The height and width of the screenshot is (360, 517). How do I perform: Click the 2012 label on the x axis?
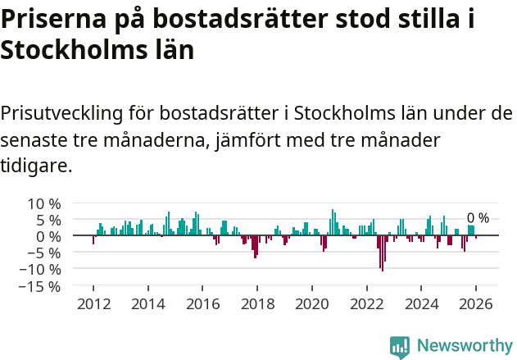(93, 303)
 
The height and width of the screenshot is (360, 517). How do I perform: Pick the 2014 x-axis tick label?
(147, 303)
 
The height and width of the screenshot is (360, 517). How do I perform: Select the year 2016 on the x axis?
(202, 303)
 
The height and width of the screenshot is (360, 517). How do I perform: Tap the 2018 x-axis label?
(257, 303)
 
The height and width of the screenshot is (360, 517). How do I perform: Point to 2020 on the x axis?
(311, 303)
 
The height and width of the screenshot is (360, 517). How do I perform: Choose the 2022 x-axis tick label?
(366, 303)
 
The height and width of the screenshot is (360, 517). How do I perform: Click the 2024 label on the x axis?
(421, 303)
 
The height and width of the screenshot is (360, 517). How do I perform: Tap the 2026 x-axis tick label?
(476, 303)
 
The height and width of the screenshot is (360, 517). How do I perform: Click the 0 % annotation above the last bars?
(478, 218)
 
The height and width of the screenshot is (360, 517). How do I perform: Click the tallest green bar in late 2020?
(333, 222)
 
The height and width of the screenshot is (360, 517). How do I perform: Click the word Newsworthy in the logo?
(465, 345)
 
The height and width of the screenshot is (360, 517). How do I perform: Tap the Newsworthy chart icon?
(400, 347)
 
